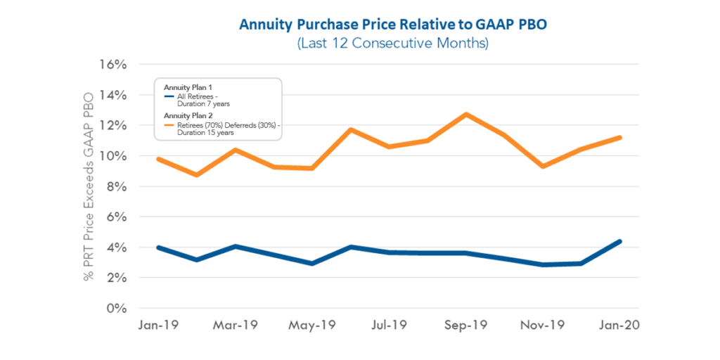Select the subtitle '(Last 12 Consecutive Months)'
(x=392, y=43)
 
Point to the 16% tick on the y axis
(x=112, y=65)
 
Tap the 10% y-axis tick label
(x=112, y=156)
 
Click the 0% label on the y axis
(x=116, y=309)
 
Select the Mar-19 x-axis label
(x=236, y=326)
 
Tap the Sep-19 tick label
(x=466, y=326)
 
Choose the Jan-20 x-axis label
(x=619, y=326)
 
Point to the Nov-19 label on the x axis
(x=543, y=326)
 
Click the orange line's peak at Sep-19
(x=466, y=114)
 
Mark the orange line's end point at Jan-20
(x=619, y=137)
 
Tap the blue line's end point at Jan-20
(x=619, y=241)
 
